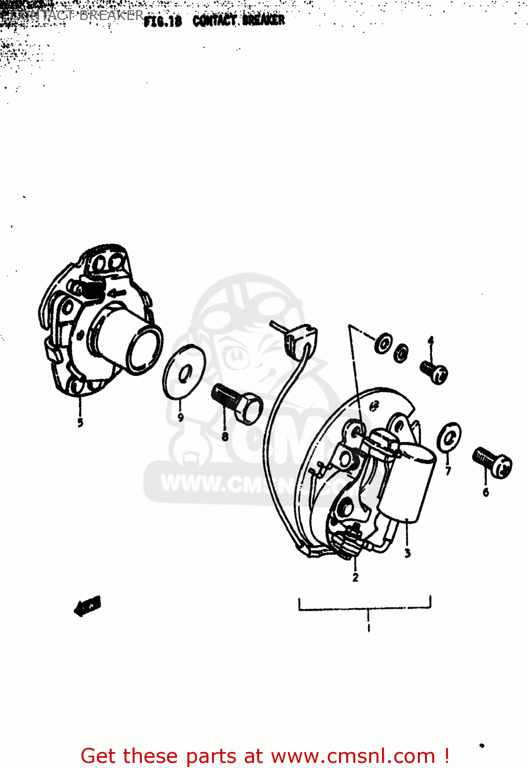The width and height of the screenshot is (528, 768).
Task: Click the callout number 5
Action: (80, 422)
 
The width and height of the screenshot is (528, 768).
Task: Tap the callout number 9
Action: (180, 417)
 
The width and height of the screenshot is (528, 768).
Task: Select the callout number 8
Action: (225, 436)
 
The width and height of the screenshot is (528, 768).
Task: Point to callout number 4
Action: (431, 340)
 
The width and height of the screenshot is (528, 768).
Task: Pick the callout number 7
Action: (448, 471)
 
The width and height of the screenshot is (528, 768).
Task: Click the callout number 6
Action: (485, 492)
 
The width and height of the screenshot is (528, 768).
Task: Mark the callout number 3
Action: (408, 553)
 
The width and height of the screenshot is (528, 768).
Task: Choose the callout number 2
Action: (355, 577)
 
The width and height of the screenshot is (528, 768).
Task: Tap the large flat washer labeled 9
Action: (184, 372)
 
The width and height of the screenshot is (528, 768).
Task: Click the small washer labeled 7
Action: (449, 438)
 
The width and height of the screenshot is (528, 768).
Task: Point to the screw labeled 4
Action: (434, 372)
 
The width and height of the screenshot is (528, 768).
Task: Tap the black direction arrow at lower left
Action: (88, 606)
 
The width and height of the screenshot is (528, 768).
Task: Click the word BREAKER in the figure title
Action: (263, 20)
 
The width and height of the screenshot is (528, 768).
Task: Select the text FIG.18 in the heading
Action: (162, 22)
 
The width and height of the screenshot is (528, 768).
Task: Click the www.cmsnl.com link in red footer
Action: (353, 756)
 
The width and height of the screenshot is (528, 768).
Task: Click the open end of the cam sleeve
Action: (145, 351)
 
